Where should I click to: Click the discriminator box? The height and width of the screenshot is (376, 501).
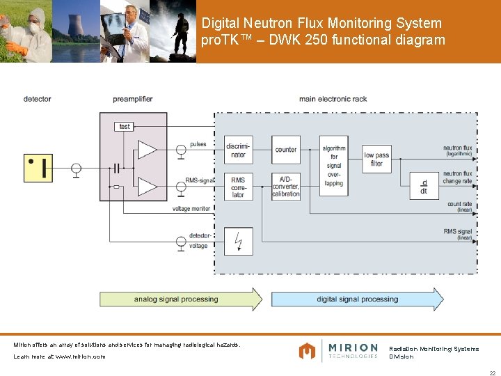click(x=238, y=150)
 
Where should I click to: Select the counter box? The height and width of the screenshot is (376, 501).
click(x=286, y=150)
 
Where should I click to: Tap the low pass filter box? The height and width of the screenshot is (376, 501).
click(x=376, y=159)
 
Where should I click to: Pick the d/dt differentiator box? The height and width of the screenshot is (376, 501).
click(x=423, y=186)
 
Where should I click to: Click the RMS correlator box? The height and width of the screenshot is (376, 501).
click(x=238, y=186)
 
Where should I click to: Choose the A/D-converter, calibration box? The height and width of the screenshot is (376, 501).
click(x=286, y=186)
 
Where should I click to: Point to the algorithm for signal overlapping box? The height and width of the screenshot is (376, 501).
click(x=334, y=166)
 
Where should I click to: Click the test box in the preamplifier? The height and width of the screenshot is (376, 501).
click(x=125, y=126)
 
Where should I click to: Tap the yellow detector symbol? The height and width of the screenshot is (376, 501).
click(x=38, y=168)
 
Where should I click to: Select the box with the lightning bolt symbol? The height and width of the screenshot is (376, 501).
click(x=238, y=241)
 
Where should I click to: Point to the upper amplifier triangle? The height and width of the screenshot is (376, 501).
click(x=146, y=149)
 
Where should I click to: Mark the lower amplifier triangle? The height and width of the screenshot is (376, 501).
click(x=146, y=186)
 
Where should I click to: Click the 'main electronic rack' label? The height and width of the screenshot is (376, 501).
click(x=333, y=100)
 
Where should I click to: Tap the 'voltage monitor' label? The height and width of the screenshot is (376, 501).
click(x=191, y=209)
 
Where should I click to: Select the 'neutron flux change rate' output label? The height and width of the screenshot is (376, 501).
click(x=457, y=177)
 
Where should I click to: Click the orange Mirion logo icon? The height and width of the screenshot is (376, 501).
click(x=307, y=351)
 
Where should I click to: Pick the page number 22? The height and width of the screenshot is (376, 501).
click(x=492, y=373)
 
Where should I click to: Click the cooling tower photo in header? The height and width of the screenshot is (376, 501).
click(x=75, y=31)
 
